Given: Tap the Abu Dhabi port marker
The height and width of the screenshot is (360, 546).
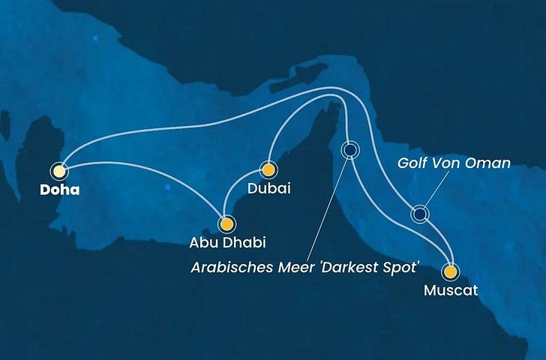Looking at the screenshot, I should pyautogui.click(x=226, y=223).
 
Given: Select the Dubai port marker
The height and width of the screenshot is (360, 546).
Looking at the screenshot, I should pyautogui.click(x=267, y=169).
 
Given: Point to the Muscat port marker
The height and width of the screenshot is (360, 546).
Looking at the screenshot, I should pyautogui.click(x=450, y=271).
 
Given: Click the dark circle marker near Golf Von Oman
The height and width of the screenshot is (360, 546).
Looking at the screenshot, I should pyautogui.click(x=420, y=214).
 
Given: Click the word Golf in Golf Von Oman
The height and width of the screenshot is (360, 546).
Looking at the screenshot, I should pyautogui.click(x=413, y=163).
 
